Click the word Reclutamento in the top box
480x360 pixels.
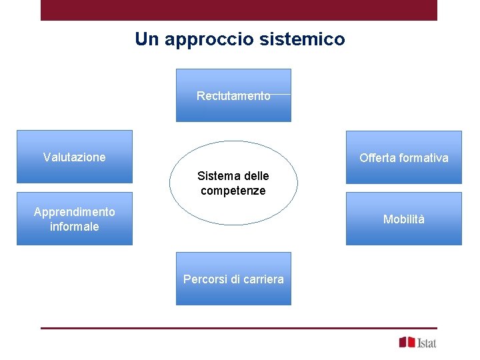click(x=233, y=96)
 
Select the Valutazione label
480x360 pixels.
click(x=74, y=157)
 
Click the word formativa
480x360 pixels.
click(x=425, y=158)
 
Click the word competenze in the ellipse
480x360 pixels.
click(x=233, y=191)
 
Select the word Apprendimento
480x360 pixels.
click(x=74, y=212)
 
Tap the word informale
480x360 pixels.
click(x=74, y=227)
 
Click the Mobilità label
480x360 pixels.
click(x=403, y=219)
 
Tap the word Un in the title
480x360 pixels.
click(x=146, y=39)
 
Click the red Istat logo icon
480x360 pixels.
click(x=407, y=342)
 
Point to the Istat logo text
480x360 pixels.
click(x=427, y=343)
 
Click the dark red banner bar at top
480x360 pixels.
click(x=239, y=10)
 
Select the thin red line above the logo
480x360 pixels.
click(x=239, y=328)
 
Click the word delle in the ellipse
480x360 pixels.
click(x=256, y=176)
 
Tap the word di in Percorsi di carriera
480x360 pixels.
click(x=235, y=279)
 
